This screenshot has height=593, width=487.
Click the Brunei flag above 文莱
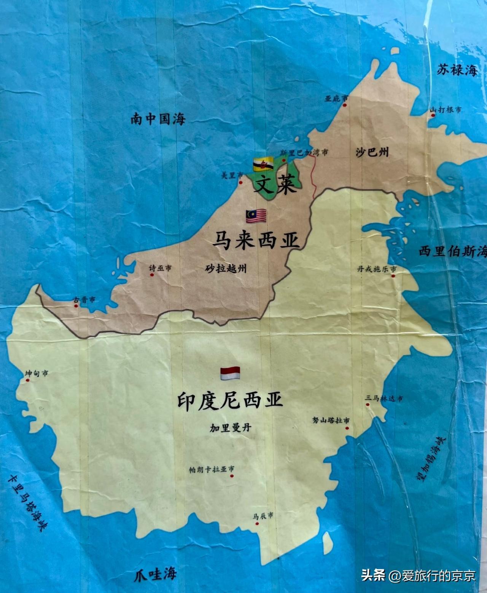(x=263, y=164)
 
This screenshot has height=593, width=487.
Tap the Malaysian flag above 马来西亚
(x=256, y=216)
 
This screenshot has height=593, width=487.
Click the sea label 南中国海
(x=158, y=119)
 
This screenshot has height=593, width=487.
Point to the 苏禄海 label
(x=457, y=70)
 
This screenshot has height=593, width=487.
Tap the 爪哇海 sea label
(x=156, y=573)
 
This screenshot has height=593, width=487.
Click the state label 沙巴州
(x=372, y=152)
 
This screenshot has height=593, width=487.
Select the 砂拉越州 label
(x=226, y=269)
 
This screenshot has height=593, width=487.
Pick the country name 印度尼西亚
(x=230, y=401)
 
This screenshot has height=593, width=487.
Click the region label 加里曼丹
(x=231, y=427)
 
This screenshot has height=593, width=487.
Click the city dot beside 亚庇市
(x=345, y=105)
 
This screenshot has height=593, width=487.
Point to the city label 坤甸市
(x=37, y=373)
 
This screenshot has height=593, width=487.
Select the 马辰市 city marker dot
(x=257, y=523)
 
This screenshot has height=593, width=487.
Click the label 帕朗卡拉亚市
(x=212, y=469)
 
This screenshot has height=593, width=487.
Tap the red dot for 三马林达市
(x=368, y=404)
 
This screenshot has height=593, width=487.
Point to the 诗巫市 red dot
(x=152, y=274)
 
